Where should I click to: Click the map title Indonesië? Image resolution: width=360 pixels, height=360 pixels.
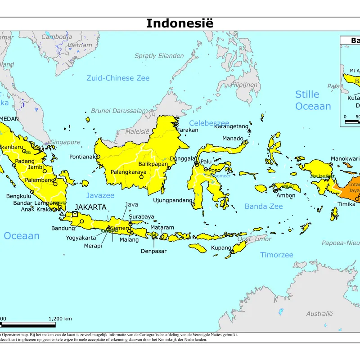180,23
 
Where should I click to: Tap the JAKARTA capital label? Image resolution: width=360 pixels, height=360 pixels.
90,207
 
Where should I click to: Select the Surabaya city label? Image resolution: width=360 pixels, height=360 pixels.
141,216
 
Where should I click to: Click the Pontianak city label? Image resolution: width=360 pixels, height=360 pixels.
83,157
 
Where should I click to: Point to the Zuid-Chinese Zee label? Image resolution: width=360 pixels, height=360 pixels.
118,78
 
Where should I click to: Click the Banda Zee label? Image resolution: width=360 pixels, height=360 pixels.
264,207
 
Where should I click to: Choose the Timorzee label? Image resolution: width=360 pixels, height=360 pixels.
277,255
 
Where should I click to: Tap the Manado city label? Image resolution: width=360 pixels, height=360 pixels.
233,139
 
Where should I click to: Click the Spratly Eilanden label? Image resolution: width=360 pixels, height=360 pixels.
159,56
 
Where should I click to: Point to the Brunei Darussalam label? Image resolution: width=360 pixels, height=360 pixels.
119,111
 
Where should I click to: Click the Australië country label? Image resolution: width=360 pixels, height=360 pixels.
319,314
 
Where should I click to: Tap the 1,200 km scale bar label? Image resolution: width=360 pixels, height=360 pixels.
60,319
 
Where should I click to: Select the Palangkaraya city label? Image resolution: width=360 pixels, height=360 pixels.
129,172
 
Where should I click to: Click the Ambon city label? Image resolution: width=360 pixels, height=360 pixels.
286,195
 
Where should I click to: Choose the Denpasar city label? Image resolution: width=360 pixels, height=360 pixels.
154,251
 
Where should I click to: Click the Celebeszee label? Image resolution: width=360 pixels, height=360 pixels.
209,123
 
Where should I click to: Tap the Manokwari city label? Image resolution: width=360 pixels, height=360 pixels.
345,159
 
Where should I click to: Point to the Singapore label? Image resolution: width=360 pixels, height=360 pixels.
65,142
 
